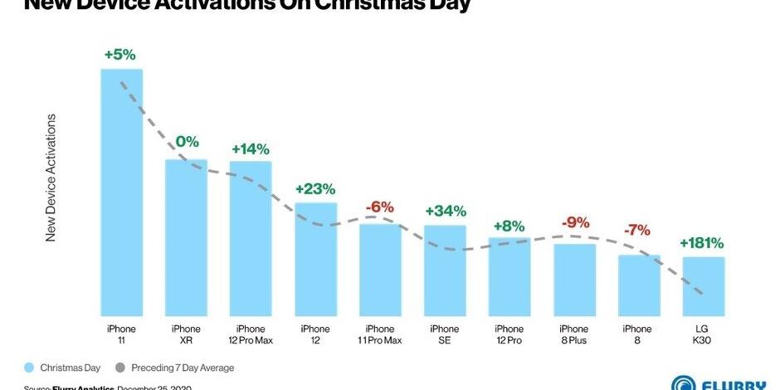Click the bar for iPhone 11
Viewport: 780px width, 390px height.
[121, 191]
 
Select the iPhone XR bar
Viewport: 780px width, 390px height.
[186, 236]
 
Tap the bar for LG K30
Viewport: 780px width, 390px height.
[704, 286]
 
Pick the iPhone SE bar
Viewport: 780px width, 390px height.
[445, 270]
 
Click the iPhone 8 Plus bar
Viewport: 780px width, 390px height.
[574, 280]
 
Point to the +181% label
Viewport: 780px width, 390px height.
[701, 244]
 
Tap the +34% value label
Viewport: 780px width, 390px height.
[445, 212]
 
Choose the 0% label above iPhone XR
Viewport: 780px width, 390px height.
[187, 143]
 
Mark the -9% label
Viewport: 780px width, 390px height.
[574, 222]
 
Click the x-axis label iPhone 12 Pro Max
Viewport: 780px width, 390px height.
[251, 334]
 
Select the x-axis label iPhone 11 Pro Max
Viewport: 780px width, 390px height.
[380, 334]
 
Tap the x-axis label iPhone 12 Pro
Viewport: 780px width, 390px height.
[509, 334]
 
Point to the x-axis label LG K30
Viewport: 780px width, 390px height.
[704, 334]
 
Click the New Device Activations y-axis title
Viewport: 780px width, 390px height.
[51, 178]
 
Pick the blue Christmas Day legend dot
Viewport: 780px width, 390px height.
[29, 368]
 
